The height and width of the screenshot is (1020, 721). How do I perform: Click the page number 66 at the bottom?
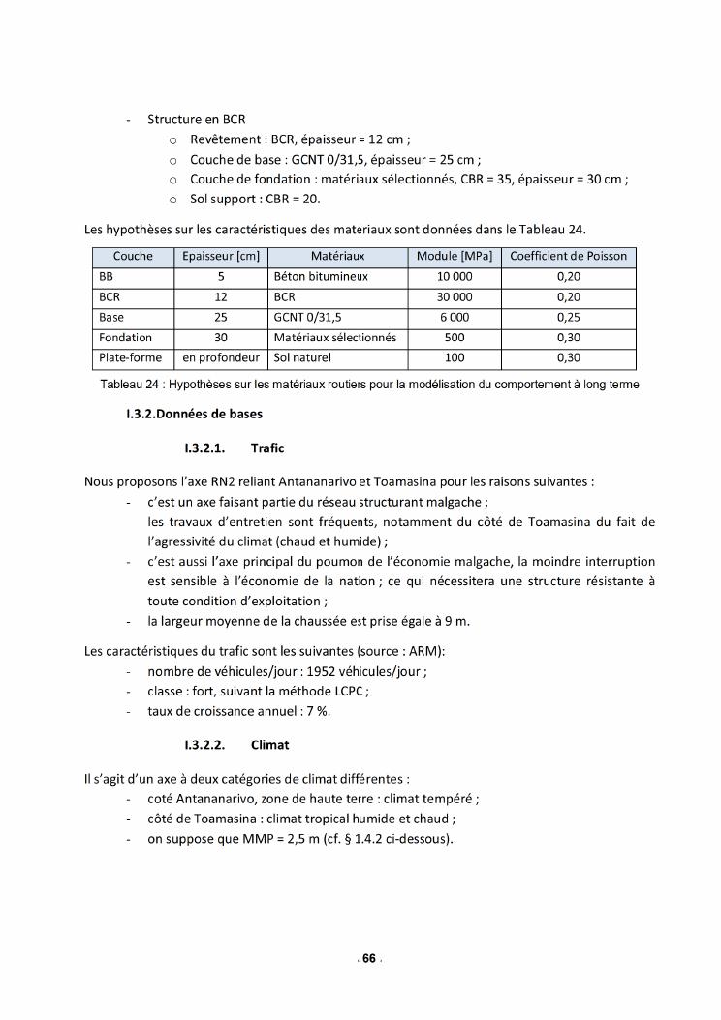click(368, 959)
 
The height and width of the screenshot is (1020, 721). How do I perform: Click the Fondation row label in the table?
click(126, 338)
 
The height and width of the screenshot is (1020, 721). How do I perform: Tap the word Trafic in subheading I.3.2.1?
click(267, 448)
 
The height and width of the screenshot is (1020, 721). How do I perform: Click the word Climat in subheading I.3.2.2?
click(270, 745)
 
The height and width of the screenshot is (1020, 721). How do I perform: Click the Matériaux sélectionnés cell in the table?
click(335, 338)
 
